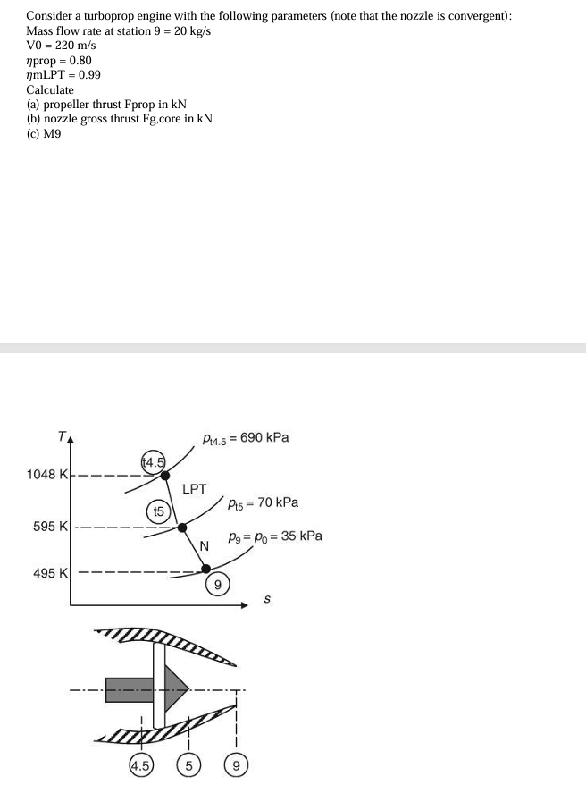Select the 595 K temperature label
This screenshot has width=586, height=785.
coord(51,526)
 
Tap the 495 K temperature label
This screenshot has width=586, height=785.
coord(51,572)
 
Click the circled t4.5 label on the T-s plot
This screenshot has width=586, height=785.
coord(153,461)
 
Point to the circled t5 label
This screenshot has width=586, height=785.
coord(156,511)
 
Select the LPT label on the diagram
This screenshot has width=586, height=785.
coord(194,489)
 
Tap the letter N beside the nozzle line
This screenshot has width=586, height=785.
coord(204,546)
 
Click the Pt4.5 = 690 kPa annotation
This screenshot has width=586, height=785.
coord(246,438)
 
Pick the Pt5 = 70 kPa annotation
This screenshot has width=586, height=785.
coord(263,502)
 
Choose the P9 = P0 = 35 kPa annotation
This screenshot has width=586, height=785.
coord(275,536)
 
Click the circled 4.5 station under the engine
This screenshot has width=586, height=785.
coord(140,765)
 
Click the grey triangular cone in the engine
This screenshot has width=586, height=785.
coord(177,689)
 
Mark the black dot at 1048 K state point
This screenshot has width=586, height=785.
coord(164,475)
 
